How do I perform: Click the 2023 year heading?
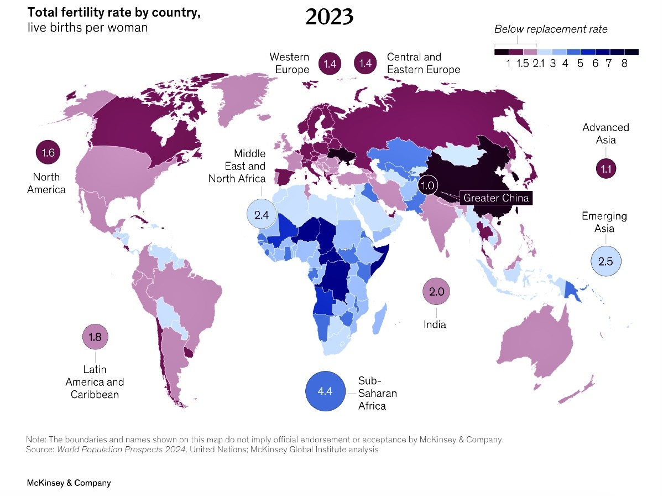pyautogui.click(x=329, y=17)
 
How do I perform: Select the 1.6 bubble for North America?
pyautogui.click(x=48, y=153)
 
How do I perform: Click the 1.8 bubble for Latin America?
pyautogui.click(x=95, y=337)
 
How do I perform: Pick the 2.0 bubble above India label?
pyautogui.click(x=437, y=292)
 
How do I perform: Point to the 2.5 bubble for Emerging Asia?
pyautogui.click(x=605, y=261)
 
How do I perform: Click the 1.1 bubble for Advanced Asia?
pyautogui.click(x=605, y=168)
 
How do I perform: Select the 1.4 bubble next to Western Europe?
pyautogui.click(x=330, y=64)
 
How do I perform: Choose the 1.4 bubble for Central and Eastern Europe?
pyautogui.click(x=365, y=64)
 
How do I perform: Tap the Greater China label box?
pyautogui.click(x=496, y=198)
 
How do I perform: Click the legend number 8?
pyautogui.click(x=624, y=63)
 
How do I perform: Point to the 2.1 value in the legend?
pyautogui.click(x=539, y=63)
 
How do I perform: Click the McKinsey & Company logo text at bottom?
pyautogui.click(x=69, y=483)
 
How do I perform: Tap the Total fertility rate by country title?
pyautogui.click(x=114, y=13)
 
